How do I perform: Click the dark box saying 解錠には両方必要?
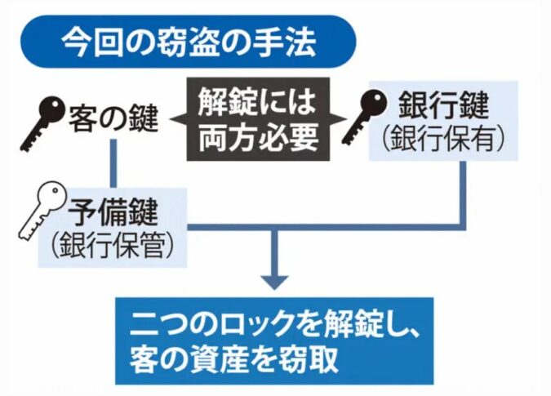pos(257,119)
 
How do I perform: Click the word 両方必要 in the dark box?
pos(258,136)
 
